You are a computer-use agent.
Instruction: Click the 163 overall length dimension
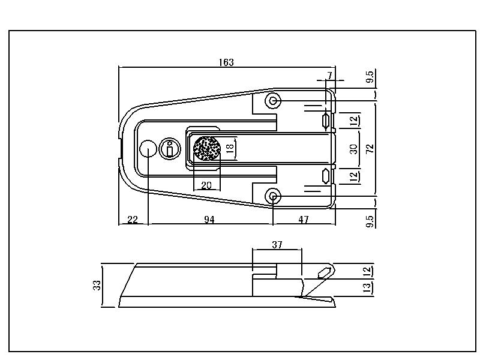click(x=226, y=62)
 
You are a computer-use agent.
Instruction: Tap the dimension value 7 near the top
click(x=329, y=76)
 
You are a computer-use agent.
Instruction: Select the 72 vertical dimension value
click(x=370, y=148)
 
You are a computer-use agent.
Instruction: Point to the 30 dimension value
click(x=353, y=149)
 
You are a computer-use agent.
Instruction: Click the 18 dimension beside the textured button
click(x=230, y=148)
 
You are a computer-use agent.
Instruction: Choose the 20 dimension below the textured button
click(x=206, y=185)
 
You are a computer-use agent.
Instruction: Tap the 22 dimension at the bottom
click(x=133, y=220)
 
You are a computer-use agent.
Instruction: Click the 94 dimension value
click(x=209, y=220)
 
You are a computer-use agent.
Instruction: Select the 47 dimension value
click(x=304, y=220)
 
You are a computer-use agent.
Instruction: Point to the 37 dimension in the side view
click(x=277, y=245)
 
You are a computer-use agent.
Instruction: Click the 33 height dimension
click(x=97, y=286)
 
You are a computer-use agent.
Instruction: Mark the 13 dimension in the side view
click(x=367, y=288)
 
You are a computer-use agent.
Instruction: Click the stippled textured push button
click(x=207, y=148)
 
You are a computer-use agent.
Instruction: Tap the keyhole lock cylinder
click(x=170, y=148)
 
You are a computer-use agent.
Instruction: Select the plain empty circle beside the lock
click(x=148, y=148)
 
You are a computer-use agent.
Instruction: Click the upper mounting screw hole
click(x=273, y=100)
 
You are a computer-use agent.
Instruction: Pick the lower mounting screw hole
click(x=273, y=196)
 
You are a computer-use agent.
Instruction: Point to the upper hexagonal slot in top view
click(x=326, y=120)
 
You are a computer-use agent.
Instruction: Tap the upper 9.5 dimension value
click(x=370, y=77)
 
